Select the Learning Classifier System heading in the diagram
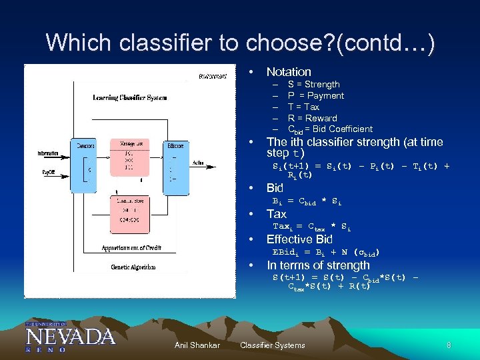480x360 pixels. pos(129,97)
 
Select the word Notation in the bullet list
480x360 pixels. pos(289,71)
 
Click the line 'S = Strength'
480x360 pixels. pos(313,85)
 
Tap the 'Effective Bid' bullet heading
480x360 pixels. pos(299,239)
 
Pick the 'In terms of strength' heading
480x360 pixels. pos(317,265)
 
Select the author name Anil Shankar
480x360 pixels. pos(197,345)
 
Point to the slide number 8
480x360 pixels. pos(449,345)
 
